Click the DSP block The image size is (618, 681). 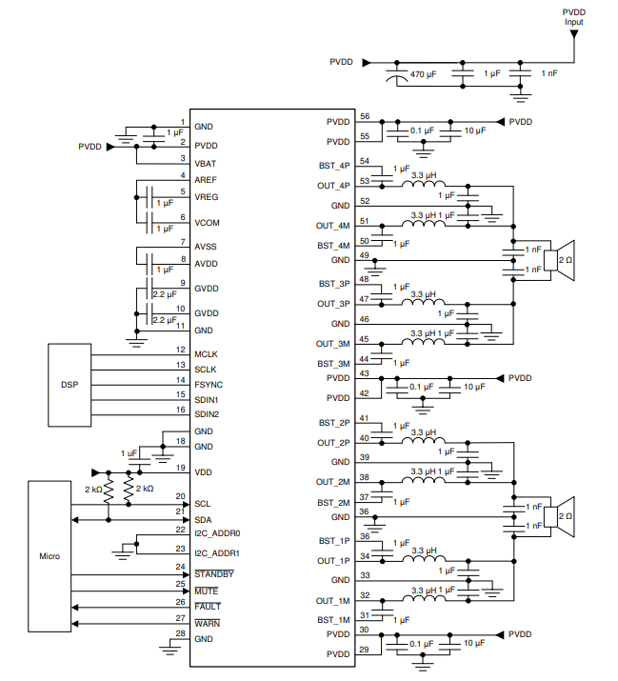[69, 384]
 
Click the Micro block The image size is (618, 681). [49, 555]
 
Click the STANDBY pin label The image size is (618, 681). [214, 574]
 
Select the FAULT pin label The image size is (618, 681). [208, 606]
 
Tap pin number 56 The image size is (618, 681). [365, 116]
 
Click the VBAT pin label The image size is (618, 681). [206, 164]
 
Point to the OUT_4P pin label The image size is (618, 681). [334, 186]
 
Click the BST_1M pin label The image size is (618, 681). [334, 619]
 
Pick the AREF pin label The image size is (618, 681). [206, 179]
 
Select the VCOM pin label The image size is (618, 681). [207, 223]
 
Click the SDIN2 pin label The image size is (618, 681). [208, 414]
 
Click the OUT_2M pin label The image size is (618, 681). [334, 482]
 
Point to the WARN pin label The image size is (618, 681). [207, 623]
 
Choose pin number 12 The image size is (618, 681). [179, 351]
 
